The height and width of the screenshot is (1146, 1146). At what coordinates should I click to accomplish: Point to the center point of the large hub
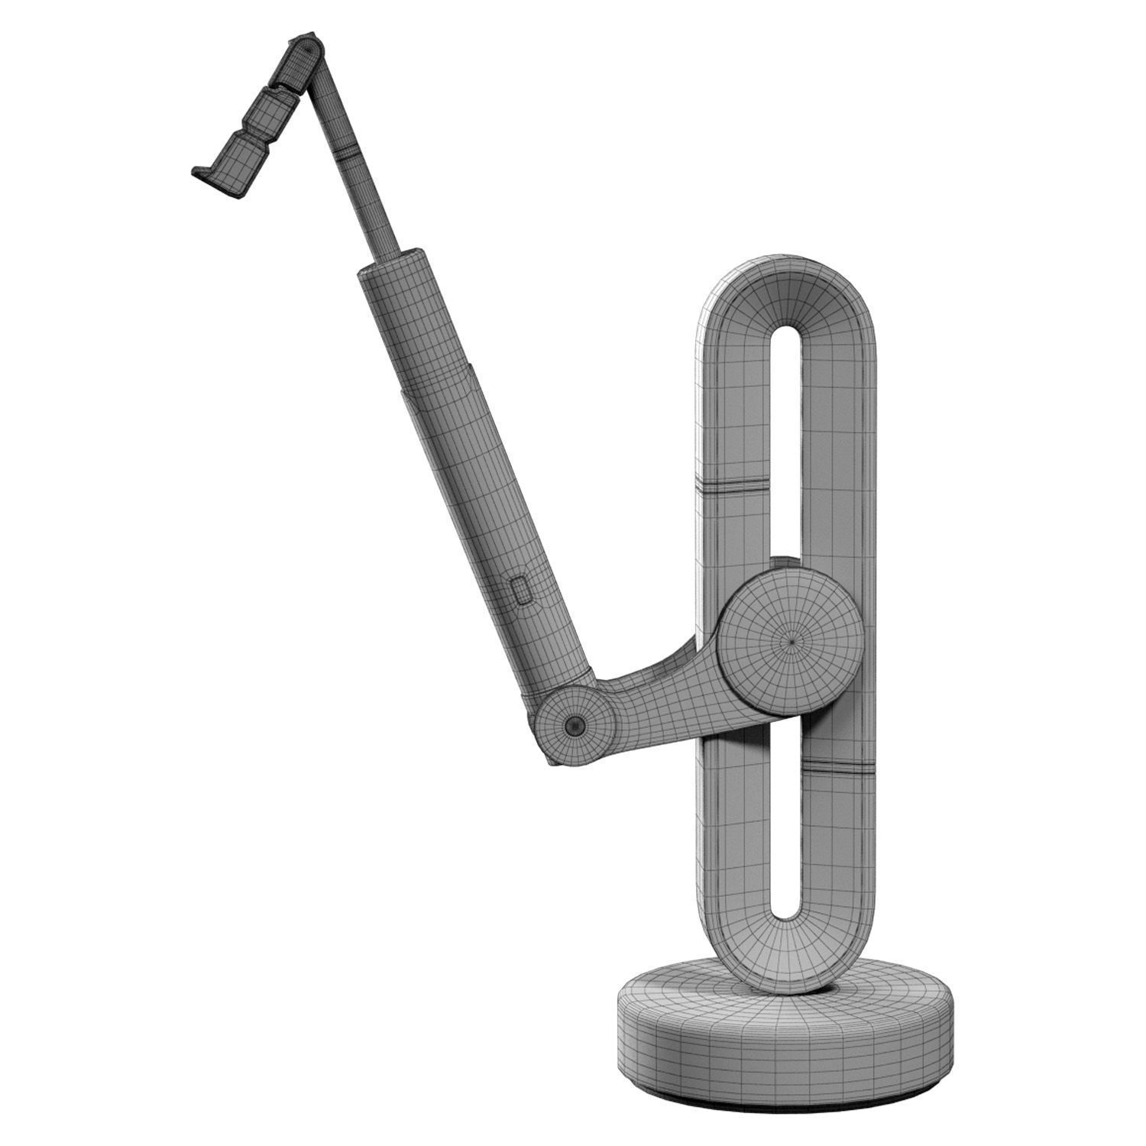(792, 642)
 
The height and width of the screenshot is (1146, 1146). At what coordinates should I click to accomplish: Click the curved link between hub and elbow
(657, 688)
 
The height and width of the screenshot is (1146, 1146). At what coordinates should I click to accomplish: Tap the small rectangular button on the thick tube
(523, 591)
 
